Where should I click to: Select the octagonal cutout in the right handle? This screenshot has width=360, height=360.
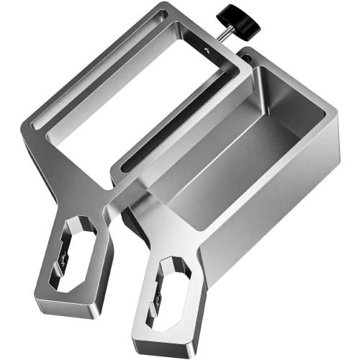click(171, 292)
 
